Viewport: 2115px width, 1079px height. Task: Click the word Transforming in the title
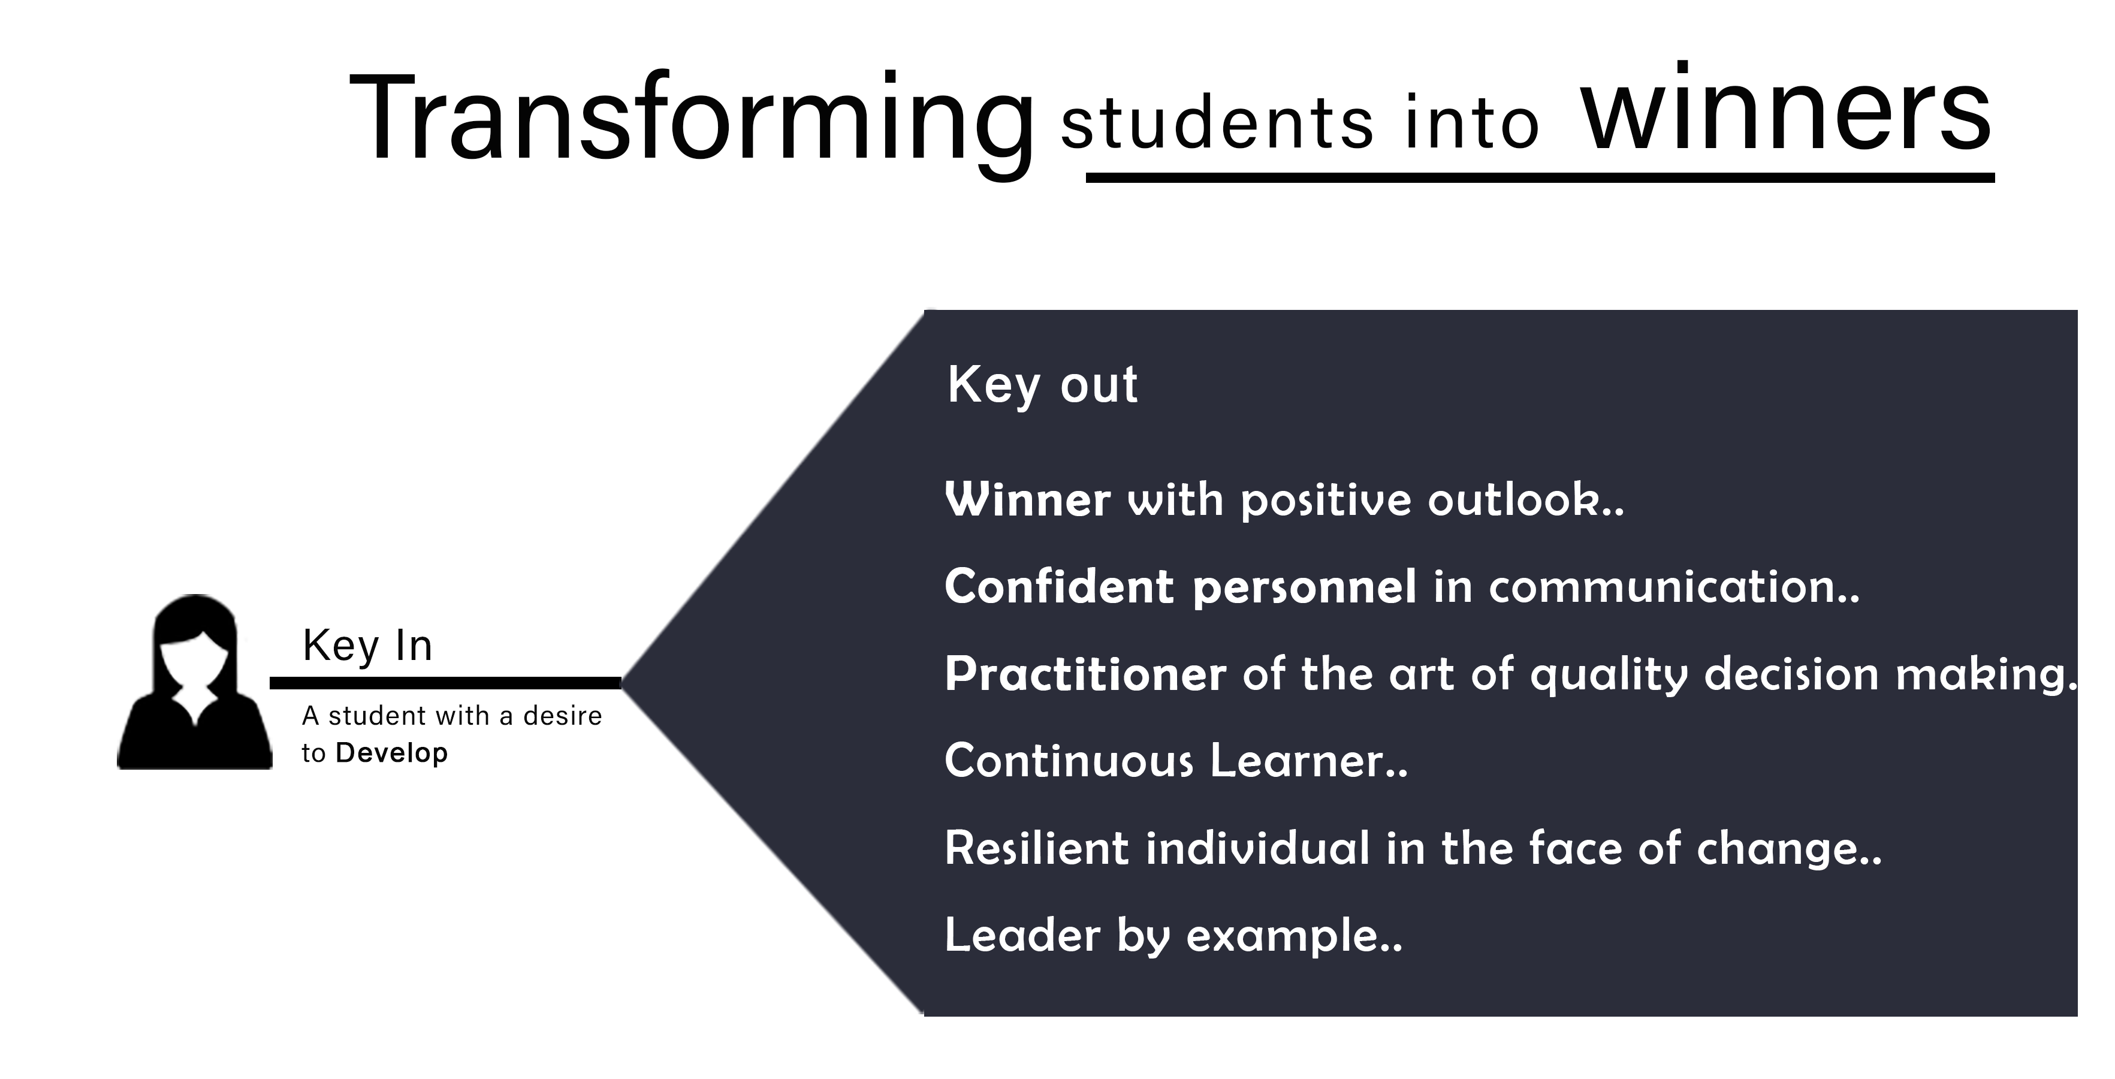pos(692,122)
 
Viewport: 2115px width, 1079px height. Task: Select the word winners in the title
pos(1787,109)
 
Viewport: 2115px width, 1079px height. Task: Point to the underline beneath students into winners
pos(1540,177)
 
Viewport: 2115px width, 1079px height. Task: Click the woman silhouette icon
pos(195,682)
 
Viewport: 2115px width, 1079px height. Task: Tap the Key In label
pos(367,646)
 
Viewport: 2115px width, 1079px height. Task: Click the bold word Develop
pos(391,753)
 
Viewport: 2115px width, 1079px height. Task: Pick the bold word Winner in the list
pos(1028,499)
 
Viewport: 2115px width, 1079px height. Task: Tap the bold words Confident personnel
pos(1181,587)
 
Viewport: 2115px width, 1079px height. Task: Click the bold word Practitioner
pos(1085,675)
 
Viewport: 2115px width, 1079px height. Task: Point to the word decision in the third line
pos(1791,675)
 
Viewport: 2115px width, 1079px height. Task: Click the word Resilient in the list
pos(1037,848)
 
